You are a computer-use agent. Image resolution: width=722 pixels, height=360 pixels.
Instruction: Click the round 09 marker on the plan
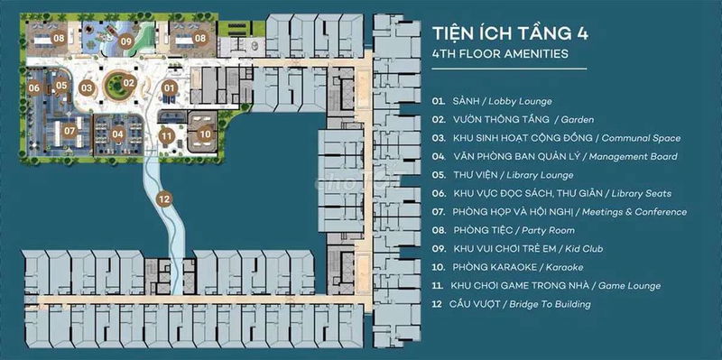pyautogui.click(x=125, y=41)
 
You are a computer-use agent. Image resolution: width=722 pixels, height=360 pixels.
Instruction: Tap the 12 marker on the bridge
pyautogui.click(x=164, y=199)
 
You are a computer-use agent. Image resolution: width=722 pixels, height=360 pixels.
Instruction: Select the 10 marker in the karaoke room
pyautogui.click(x=206, y=134)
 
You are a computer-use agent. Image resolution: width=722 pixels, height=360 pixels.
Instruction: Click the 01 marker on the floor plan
pyautogui.click(x=170, y=87)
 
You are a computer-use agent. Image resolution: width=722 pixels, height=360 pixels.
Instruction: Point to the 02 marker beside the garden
pyautogui.click(x=129, y=83)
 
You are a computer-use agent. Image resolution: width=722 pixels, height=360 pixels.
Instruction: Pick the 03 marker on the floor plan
pyautogui.click(x=87, y=87)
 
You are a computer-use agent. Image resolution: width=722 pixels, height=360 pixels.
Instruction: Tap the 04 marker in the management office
pyautogui.click(x=118, y=134)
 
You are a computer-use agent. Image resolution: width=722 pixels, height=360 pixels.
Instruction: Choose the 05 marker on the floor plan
pyautogui.click(x=61, y=85)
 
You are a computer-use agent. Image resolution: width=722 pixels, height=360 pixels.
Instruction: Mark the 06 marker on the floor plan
pyautogui.click(x=33, y=88)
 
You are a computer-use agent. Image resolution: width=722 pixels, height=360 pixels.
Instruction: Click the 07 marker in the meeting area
pyautogui.click(x=69, y=131)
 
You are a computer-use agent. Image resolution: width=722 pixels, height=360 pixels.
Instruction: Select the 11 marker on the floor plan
pyautogui.click(x=167, y=136)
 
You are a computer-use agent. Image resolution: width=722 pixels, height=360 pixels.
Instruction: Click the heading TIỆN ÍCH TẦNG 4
pyautogui.click(x=510, y=34)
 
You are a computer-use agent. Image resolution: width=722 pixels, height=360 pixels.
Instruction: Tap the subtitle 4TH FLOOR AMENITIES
pyautogui.click(x=500, y=54)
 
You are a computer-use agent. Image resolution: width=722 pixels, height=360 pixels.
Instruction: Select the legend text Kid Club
pyautogui.click(x=585, y=249)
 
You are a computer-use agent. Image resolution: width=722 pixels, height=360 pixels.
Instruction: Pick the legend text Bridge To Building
pyautogui.click(x=550, y=304)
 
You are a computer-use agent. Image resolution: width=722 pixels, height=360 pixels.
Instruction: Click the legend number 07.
pyautogui.click(x=439, y=212)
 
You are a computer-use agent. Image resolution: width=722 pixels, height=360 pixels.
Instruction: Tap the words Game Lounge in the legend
pyautogui.click(x=629, y=285)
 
